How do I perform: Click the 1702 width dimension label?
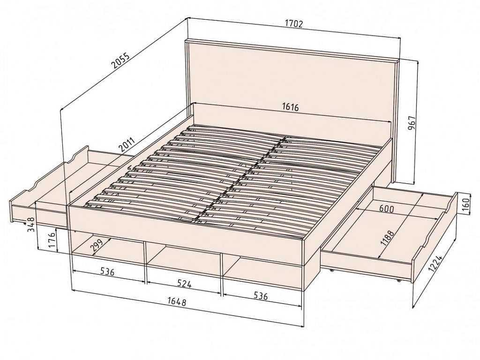coord(293,24)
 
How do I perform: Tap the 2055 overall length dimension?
coord(120,61)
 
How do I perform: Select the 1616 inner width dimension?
coord(290,107)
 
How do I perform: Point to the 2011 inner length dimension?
coord(127,145)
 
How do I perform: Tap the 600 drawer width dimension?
coord(387,209)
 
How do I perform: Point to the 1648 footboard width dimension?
coord(177,302)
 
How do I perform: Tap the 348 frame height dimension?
coord(30,224)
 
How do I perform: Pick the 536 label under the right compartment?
coord(261,296)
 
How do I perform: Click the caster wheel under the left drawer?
coord(24,223)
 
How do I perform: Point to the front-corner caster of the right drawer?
coord(399,280)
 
